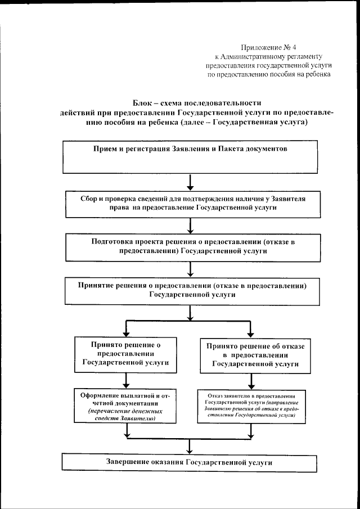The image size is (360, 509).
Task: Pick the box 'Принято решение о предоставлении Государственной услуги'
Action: click(125, 354)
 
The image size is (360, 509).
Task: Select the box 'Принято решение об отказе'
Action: click(255, 355)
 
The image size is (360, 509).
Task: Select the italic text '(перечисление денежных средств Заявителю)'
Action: click(125, 415)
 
